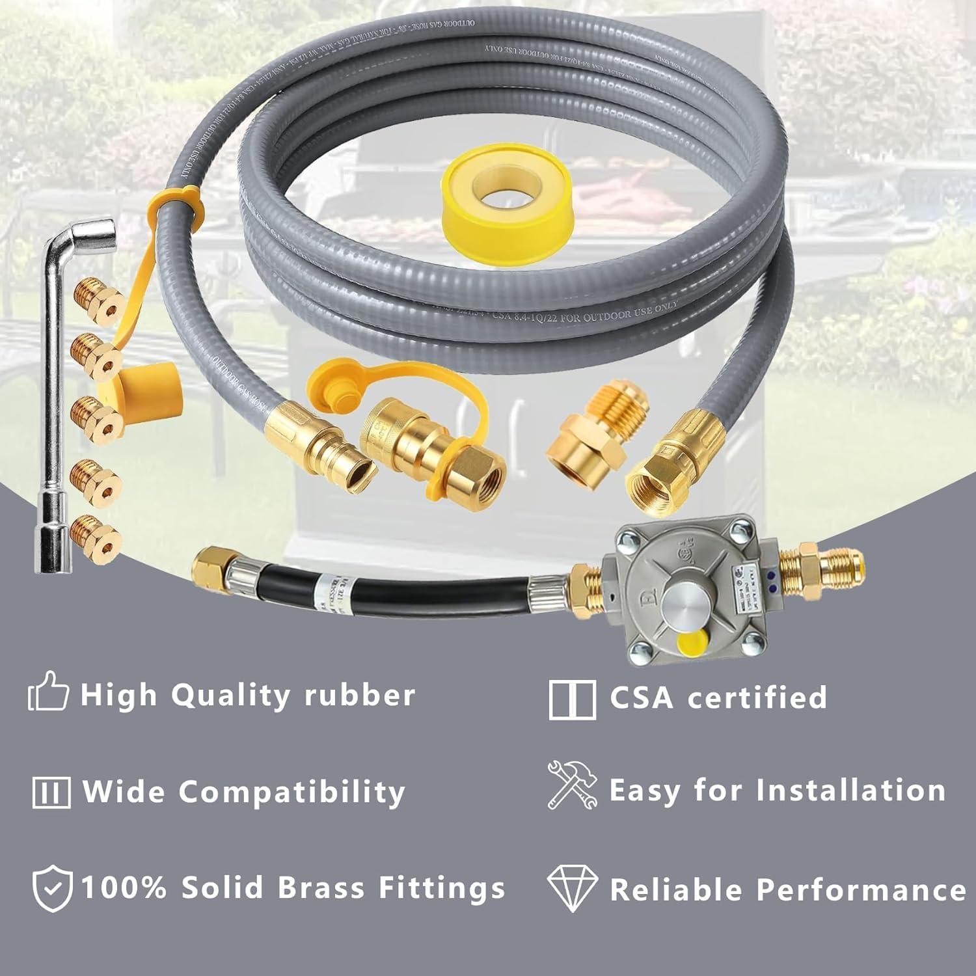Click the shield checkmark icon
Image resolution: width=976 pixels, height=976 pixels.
pos(52,889)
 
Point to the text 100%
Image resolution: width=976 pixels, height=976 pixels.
pos(124,888)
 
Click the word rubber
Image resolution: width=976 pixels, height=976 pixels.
pos(360,695)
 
